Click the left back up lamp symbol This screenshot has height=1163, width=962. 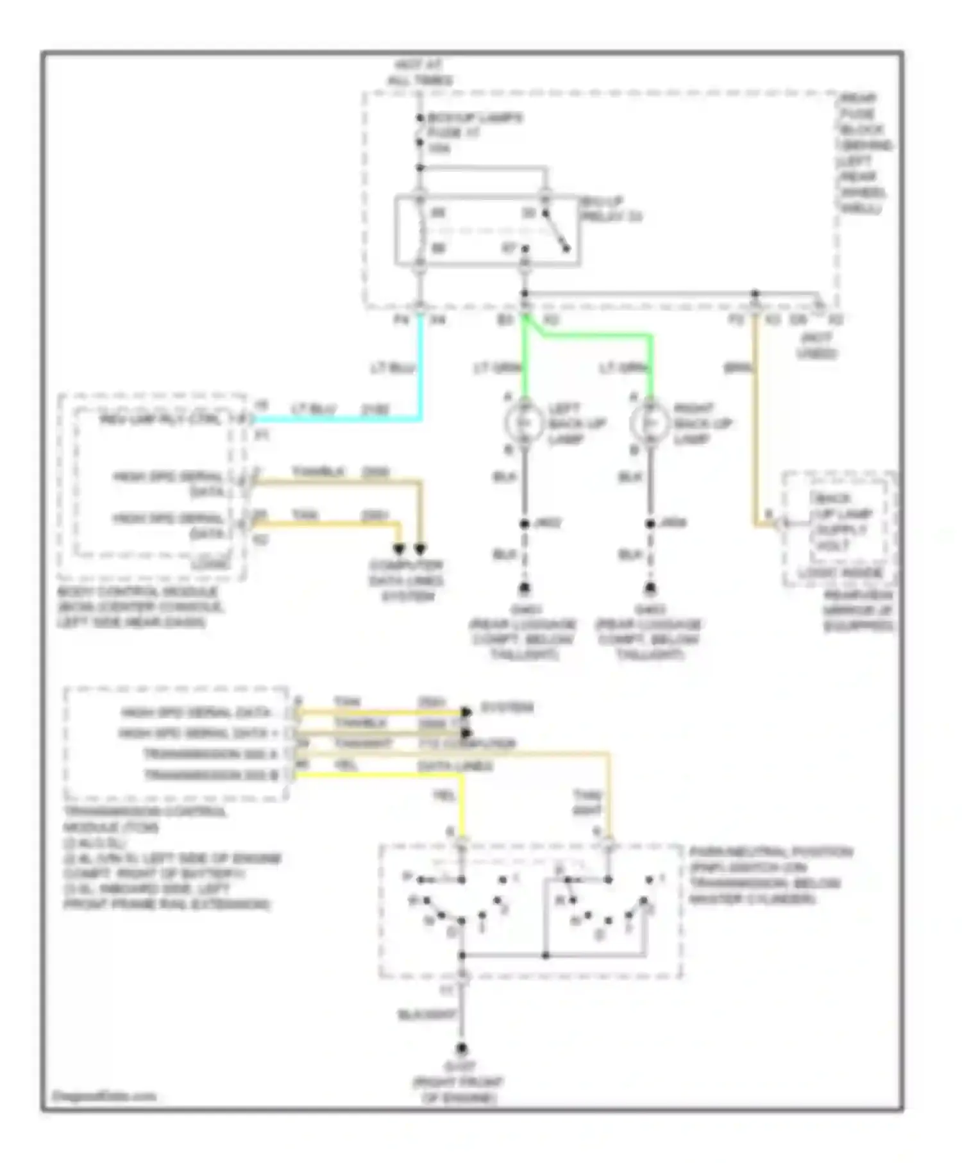524,423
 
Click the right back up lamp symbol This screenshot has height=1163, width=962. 650,423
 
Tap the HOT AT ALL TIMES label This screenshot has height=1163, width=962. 420,72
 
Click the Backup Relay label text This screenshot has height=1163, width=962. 611,210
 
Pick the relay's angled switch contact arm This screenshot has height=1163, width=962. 555,231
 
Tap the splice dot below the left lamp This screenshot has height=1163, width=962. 524,524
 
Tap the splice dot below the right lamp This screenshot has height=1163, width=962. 650,524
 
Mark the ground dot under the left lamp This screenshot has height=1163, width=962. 524,588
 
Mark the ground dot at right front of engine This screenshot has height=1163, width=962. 461,1050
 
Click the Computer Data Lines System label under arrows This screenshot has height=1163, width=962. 406,581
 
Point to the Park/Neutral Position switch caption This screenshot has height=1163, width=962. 770,875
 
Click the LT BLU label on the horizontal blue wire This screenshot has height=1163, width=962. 314,409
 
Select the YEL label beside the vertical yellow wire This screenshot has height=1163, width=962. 444,796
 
